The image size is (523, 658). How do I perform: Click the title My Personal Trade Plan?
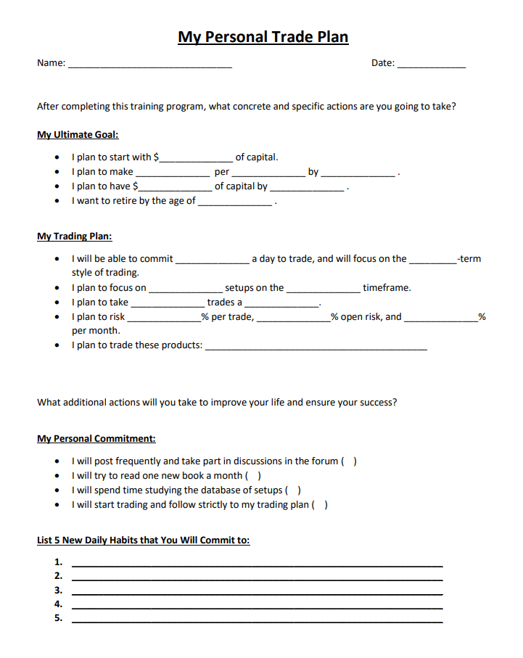click(x=263, y=37)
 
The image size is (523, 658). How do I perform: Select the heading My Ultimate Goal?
click(x=78, y=134)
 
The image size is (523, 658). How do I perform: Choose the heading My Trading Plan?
click(x=75, y=236)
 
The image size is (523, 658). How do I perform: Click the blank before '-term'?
click(x=433, y=260)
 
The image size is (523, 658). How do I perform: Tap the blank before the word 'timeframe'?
click(x=324, y=289)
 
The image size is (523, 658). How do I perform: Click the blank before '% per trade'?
click(x=165, y=318)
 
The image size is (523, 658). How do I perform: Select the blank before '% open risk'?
click(x=294, y=318)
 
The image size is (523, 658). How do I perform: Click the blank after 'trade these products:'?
click(x=316, y=347)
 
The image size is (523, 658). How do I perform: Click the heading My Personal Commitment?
click(x=96, y=438)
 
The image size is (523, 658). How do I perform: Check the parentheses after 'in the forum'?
click(x=349, y=461)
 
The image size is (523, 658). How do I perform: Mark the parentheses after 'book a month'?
click(x=254, y=476)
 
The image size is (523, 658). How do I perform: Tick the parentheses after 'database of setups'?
click(x=294, y=490)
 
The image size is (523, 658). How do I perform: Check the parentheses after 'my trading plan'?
click(x=320, y=505)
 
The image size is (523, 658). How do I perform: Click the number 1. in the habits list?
click(x=59, y=562)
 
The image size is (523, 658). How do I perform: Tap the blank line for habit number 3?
click(x=258, y=593)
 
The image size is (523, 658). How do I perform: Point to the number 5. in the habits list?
click(x=59, y=618)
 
